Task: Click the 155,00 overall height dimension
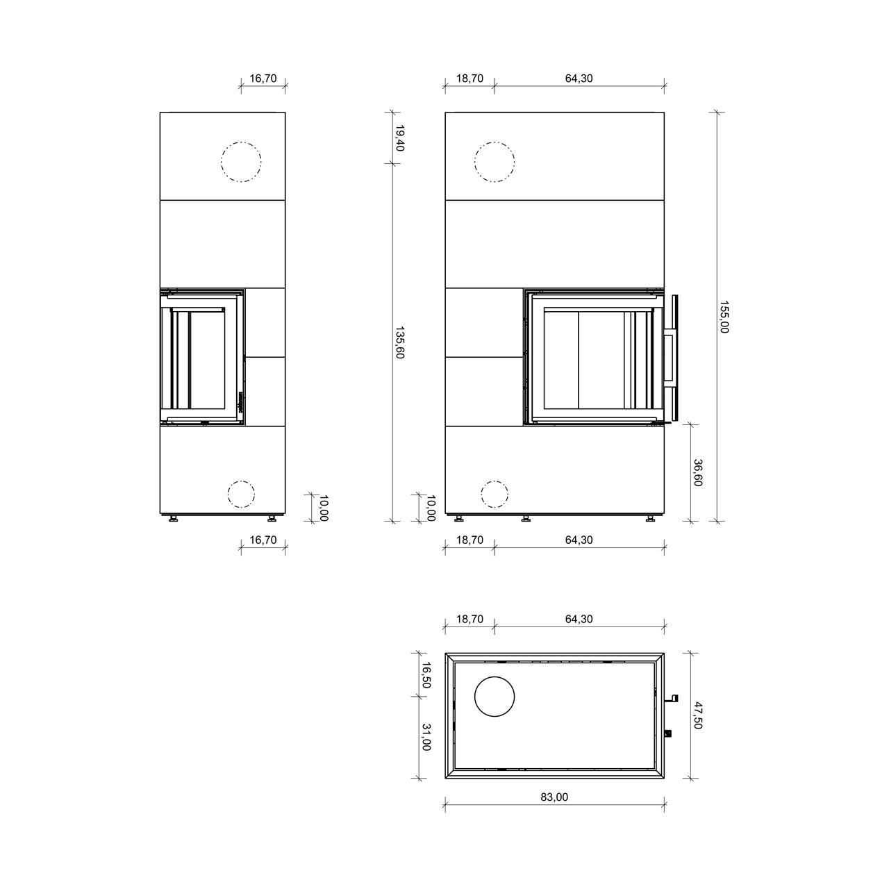pos(724,317)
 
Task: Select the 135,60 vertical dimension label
pos(399,343)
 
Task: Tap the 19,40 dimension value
pos(399,138)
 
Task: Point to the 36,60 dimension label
pos(697,472)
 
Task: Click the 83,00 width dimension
pos(554,797)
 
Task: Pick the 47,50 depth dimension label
pos(697,715)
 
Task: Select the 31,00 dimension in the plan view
pos(426,737)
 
